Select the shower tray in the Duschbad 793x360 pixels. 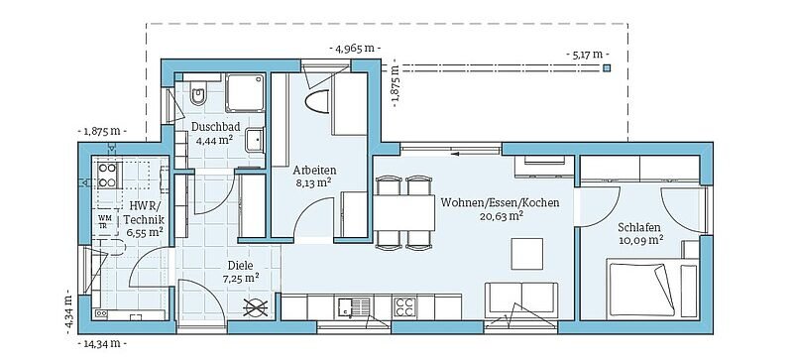pyautogui.click(x=245, y=92)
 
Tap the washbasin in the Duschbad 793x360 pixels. pyautogui.click(x=255, y=140)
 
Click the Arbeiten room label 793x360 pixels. pyautogui.click(x=314, y=171)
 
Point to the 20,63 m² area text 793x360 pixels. pyautogui.click(x=502, y=216)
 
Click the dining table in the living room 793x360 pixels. pyautogui.click(x=404, y=212)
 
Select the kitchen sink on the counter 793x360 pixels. pyautogui.click(x=354, y=306)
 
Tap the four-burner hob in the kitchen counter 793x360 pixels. pyautogui.click(x=405, y=306)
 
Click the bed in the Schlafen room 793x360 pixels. pyautogui.click(x=653, y=288)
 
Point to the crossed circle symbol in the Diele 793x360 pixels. pyautogui.click(x=256, y=307)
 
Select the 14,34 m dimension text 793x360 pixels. pyautogui.click(x=102, y=344)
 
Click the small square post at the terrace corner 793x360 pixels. pyautogui.click(x=607, y=67)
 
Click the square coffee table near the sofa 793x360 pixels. pyautogui.click(x=527, y=254)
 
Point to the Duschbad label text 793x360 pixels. pyautogui.click(x=215, y=128)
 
